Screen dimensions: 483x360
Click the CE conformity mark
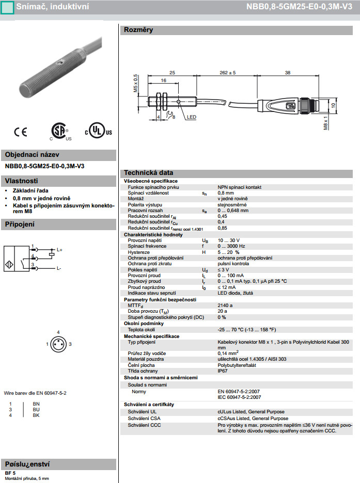[21, 132]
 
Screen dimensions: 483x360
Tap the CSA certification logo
[60, 132]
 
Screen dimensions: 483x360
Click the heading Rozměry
[138, 30]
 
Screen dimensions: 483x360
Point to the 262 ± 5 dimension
[227, 73]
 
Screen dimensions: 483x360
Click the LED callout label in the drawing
[192, 117]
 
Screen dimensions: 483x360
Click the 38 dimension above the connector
[287, 73]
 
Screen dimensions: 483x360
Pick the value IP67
[223, 371]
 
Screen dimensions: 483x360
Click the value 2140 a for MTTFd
[225, 305]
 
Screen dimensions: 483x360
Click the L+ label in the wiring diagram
[59, 250]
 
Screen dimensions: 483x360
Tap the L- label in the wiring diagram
[59, 268]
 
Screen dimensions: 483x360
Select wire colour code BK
[36, 415]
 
